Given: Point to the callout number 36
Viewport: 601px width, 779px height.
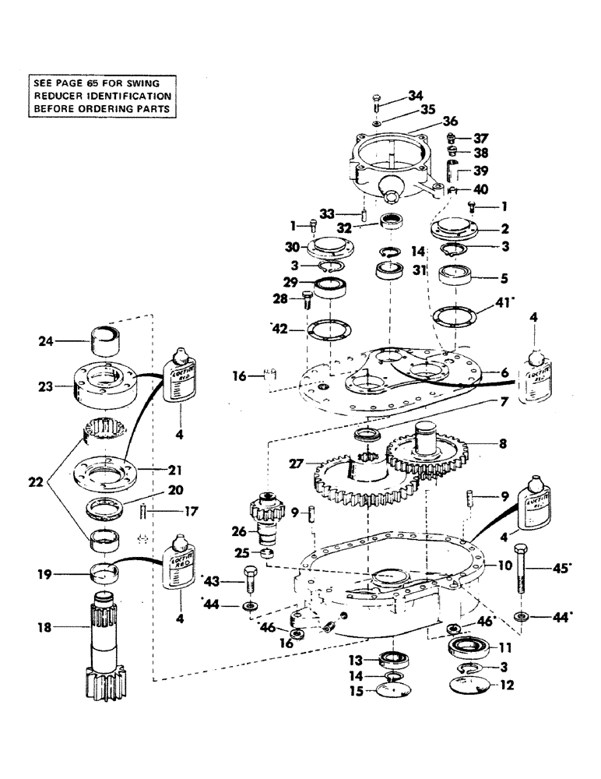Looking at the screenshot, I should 451,121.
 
